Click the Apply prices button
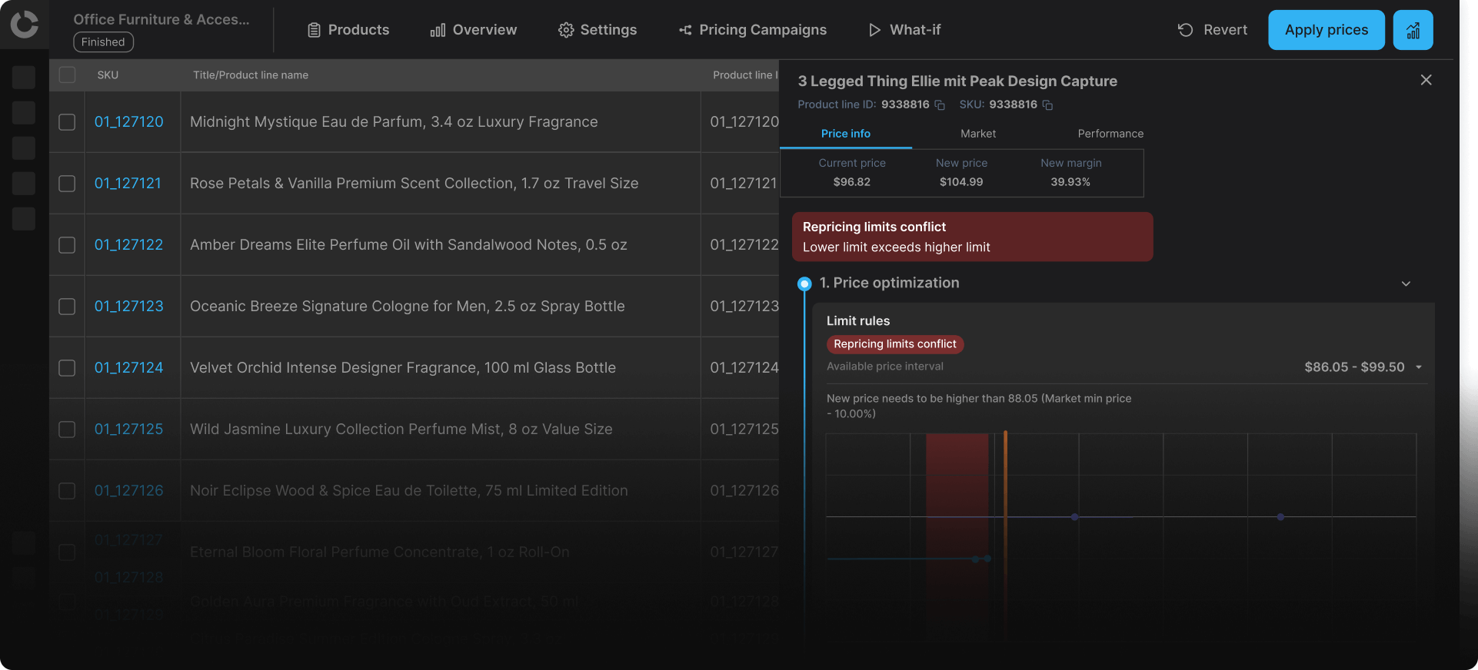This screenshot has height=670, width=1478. tap(1326, 30)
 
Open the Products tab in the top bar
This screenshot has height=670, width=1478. tap(348, 30)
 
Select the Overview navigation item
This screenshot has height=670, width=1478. tap(474, 30)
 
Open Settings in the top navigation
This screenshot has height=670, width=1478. tap(598, 30)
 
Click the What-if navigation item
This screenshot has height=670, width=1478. tap(904, 30)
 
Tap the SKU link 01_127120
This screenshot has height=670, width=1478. tap(128, 121)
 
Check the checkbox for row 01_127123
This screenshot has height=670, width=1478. tap(67, 307)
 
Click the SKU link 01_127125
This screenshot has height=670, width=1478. tap(128, 429)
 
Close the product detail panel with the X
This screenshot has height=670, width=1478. tap(1426, 80)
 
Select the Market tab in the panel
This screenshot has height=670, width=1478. tap(977, 134)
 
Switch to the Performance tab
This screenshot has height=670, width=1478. tap(1110, 134)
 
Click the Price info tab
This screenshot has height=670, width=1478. tap(845, 134)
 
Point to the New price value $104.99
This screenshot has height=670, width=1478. tap(960, 182)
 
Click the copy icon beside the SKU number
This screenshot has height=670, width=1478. tap(1047, 105)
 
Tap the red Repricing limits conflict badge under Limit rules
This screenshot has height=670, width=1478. tap(894, 344)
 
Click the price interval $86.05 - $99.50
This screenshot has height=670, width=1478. tap(1354, 367)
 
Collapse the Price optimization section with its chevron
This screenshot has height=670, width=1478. tap(1406, 284)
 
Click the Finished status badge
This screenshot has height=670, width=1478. tap(103, 42)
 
